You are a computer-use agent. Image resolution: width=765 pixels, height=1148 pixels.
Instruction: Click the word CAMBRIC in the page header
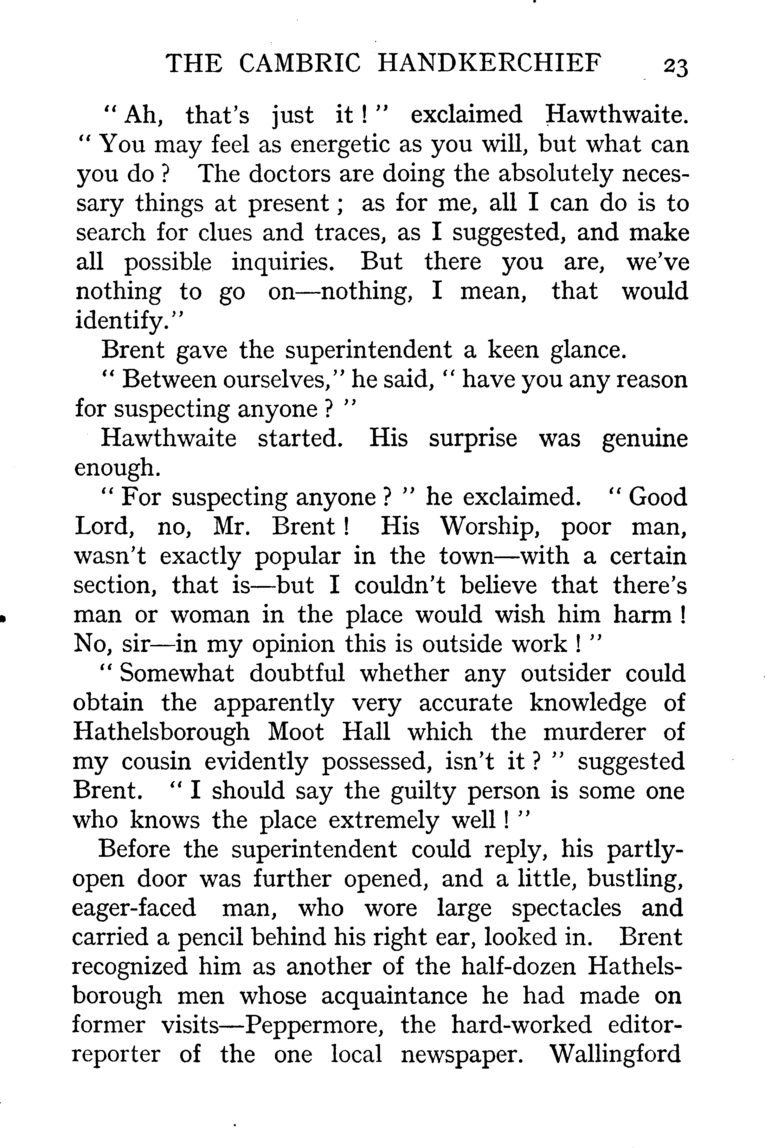pyautogui.click(x=300, y=63)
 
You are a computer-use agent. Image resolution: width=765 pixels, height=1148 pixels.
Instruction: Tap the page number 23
pyautogui.click(x=675, y=67)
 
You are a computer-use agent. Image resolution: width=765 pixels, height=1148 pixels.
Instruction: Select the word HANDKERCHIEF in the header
pyautogui.click(x=489, y=63)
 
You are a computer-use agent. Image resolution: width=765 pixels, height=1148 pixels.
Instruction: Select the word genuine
pyautogui.click(x=644, y=438)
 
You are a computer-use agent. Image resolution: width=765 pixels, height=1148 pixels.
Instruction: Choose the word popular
pyautogui.click(x=297, y=556)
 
